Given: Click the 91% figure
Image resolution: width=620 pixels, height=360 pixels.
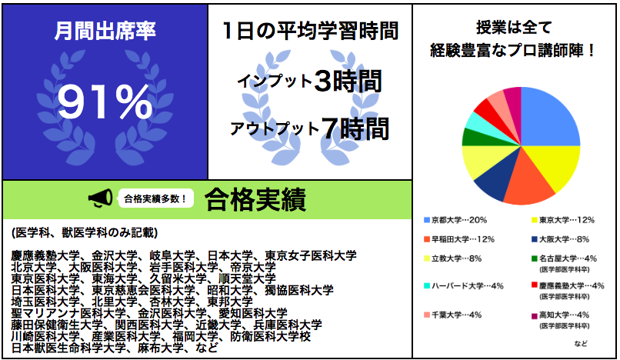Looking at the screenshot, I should (105, 101).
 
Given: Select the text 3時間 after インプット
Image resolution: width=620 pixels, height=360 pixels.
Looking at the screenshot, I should (348, 80).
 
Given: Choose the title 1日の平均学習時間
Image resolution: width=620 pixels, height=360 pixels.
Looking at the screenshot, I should (309, 31).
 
